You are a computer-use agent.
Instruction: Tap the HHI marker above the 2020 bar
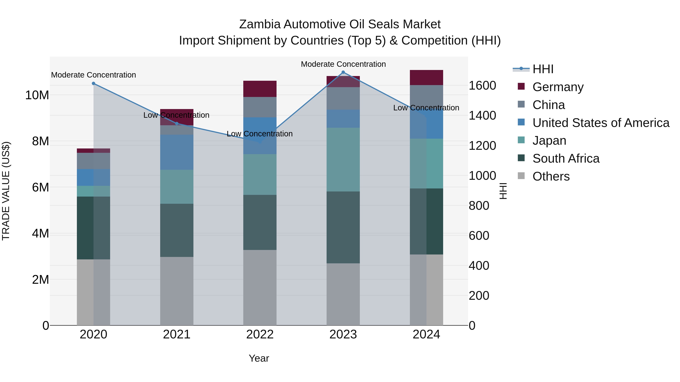point(93,83)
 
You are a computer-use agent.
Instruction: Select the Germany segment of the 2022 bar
point(260,89)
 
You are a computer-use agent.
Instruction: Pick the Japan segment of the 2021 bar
point(177,187)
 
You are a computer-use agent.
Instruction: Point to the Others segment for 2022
point(260,287)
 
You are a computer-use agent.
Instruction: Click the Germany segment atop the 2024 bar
point(426,78)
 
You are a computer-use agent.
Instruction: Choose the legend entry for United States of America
point(600,123)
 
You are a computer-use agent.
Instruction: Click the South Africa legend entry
point(566,158)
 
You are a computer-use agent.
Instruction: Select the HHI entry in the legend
point(542,69)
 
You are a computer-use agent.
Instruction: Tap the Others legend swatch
point(521,176)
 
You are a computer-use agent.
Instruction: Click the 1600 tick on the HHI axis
point(482,86)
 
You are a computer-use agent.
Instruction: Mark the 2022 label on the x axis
point(260,334)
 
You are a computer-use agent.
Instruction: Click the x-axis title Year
point(259,358)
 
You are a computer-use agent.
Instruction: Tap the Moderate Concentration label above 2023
point(343,64)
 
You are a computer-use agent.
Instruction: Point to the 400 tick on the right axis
point(479,266)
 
